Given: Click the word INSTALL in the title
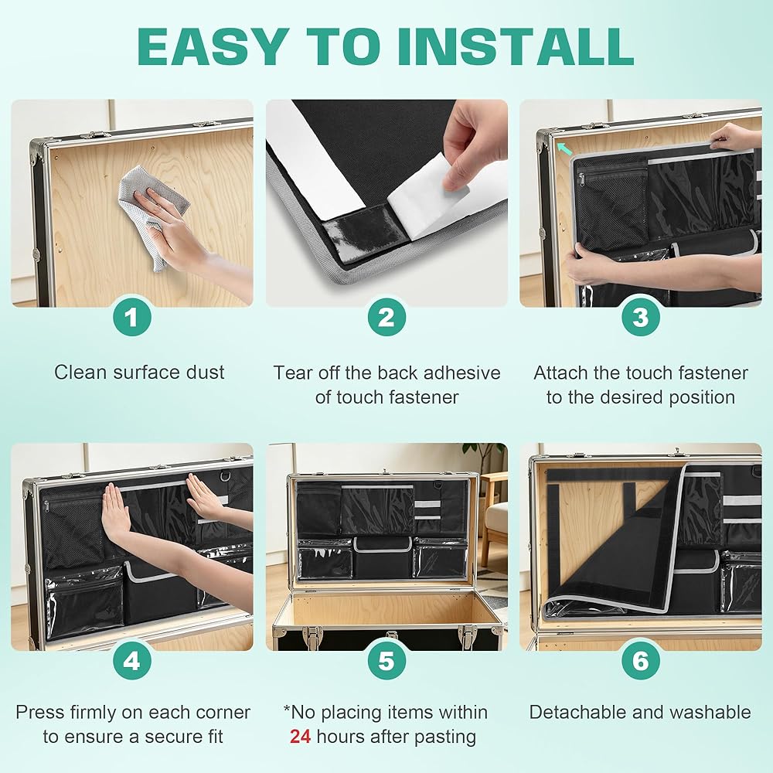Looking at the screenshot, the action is [515, 46].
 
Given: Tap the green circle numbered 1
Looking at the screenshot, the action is [131, 317].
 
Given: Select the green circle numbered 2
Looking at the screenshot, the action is [386, 317].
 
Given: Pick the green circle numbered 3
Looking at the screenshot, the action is [640, 317].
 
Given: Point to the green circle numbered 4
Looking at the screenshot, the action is [131, 661].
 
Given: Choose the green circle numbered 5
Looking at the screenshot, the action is [386, 661].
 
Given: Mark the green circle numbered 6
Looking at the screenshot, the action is [640, 661].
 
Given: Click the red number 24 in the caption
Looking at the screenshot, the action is [300, 737].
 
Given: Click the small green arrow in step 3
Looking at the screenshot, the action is [564, 148].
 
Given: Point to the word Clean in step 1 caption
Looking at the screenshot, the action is [80, 373].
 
